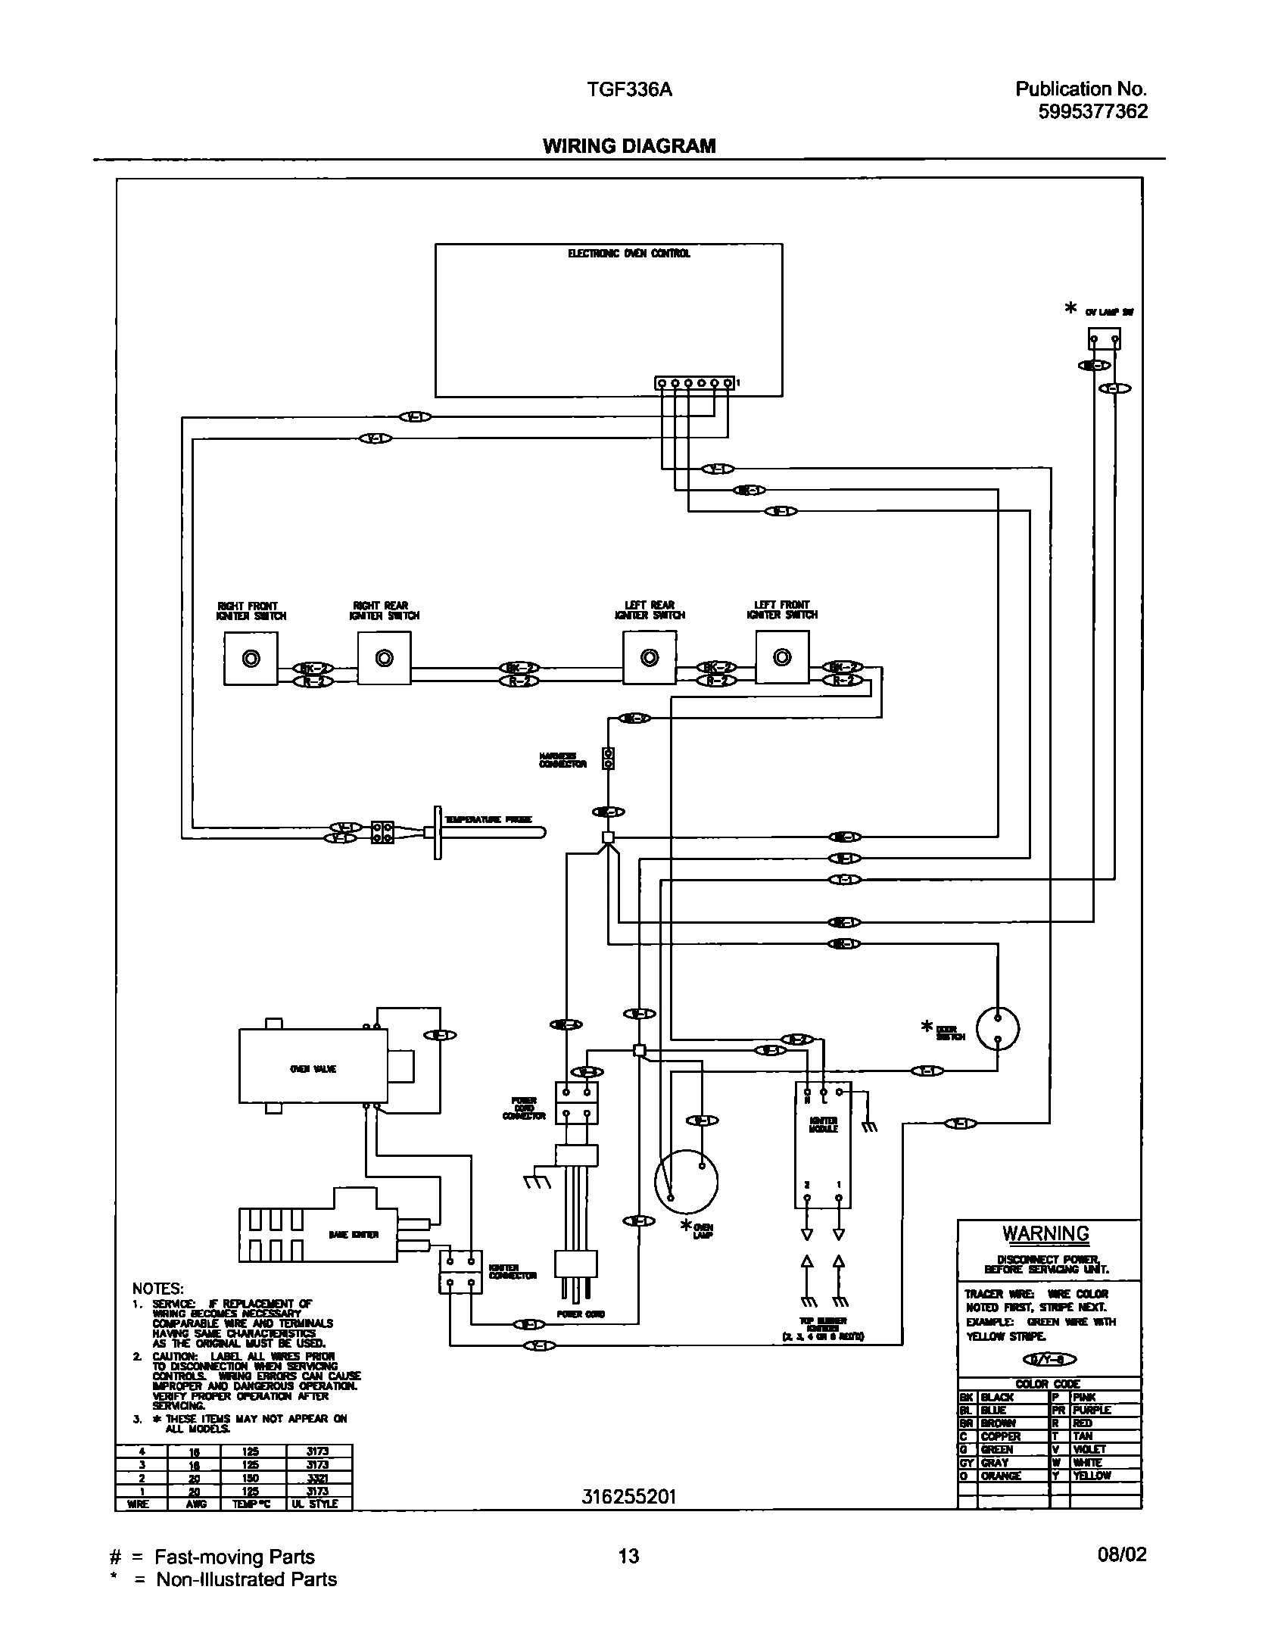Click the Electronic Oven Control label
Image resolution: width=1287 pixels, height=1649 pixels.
click(x=628, y=254)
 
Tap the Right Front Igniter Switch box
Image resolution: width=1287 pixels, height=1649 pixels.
click(x=251, y=659)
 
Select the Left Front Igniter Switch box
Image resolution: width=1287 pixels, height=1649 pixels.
click(x=782, y=658)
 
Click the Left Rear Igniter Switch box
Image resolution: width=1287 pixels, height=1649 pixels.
click(x=649, y=658)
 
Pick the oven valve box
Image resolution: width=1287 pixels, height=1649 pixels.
click(x=313, y=1069)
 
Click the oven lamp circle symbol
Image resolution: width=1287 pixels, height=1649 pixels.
click(x=686, y=1181)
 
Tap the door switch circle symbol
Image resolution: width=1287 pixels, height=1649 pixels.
click(x=997, y=1029)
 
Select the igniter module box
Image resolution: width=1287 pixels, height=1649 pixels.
click(x=823, y=1145)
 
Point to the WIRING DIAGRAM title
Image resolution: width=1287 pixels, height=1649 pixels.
click(x=628, y=146)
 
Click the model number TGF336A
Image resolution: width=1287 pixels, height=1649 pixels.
click(x=629, y=91)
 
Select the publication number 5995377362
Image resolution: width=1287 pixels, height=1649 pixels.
click(x=1092, y=112)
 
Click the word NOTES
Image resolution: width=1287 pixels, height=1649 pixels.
click(x=157, y=1289)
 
